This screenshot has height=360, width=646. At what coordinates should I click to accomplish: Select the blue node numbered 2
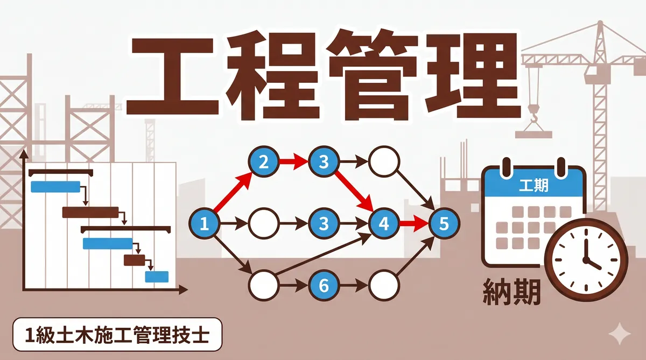(264, 161)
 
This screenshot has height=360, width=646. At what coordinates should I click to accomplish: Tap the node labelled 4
(384, 223)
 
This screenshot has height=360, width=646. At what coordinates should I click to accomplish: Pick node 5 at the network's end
(444, 223)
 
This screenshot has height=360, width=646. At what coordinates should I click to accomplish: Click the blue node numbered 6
(324, 285)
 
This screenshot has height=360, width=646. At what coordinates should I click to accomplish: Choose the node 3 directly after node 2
(324, 161)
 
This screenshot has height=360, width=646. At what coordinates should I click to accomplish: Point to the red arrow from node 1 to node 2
(233, 191)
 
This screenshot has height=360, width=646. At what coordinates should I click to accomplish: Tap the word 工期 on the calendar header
(533, 186)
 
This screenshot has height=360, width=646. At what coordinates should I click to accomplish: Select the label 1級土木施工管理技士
(116, 334)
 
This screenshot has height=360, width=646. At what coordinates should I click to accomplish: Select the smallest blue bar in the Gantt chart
(157, 277)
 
